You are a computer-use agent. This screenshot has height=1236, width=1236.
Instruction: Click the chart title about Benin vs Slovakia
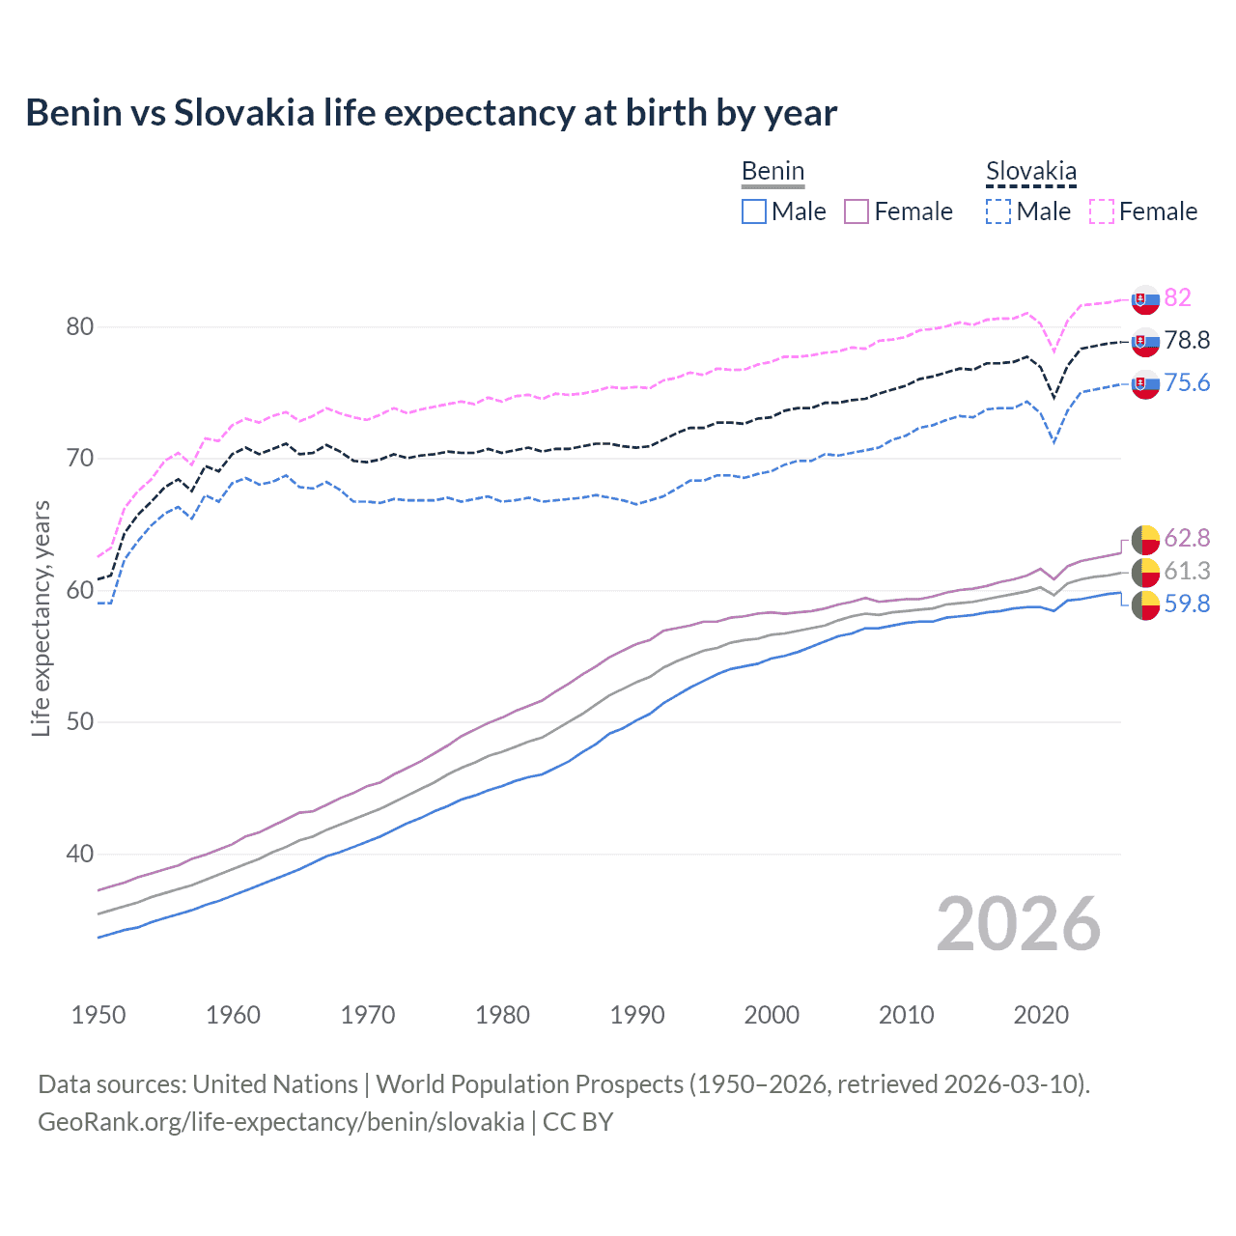click(431, 113)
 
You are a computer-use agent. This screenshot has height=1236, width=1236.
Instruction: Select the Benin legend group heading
click(772, 172)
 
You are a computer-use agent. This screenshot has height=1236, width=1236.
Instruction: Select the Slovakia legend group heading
click(1030, 172)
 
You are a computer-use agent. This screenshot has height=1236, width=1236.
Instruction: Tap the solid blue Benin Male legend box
click(754, 211)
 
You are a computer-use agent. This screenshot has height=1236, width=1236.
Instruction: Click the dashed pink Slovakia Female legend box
click(1102, 211)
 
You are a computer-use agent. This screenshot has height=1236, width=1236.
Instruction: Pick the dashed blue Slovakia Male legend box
click(998, 211)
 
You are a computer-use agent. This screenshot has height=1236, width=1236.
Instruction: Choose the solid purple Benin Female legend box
click(857, 211)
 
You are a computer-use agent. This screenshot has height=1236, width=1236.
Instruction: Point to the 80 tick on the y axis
click(80, 326)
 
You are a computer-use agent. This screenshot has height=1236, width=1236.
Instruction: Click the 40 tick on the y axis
click(80, 854)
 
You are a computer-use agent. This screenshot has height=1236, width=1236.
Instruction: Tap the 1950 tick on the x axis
click(98, 1015)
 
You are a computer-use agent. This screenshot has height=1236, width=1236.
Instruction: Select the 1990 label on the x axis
click(637, 1015)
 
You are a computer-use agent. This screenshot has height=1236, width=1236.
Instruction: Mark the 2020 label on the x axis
click(1041, 1015)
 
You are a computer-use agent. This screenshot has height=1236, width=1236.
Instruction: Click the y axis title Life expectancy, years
click(41, 618)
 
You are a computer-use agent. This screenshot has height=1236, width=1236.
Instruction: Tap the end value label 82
click(1177, 297)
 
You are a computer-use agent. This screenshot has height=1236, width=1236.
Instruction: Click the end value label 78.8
click(1187, 340)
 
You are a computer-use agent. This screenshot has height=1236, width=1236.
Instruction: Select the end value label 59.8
click(1187, 604)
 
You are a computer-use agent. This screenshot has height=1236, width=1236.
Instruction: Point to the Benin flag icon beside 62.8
click(1145, 539)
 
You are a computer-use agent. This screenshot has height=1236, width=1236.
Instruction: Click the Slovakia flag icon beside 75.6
click(1145, 383)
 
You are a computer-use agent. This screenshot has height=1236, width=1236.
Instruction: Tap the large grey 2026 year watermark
click(1018, 924)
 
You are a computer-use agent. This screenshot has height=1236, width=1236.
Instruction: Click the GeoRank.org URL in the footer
click(281, 1122)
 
